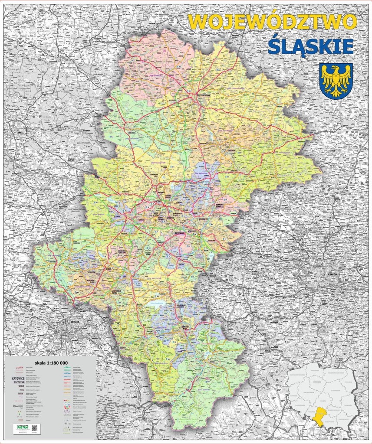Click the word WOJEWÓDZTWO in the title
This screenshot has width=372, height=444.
click(273, 22)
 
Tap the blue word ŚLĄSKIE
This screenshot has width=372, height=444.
click(310, 46)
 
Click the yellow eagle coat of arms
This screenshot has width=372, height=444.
click(336, 81)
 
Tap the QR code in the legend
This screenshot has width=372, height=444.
click(34, 428)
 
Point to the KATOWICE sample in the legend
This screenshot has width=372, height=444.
click(18, 379)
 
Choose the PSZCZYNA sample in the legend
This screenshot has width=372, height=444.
click(18, 383)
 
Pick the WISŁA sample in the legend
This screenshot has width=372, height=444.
click(18, 389)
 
